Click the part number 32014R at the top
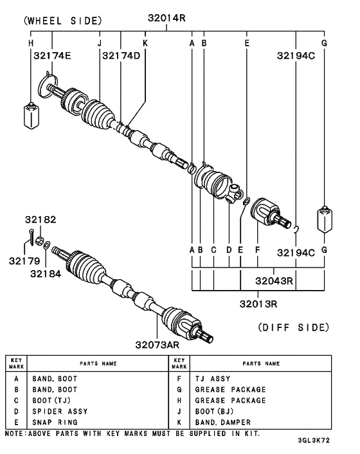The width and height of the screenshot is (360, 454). [x=166, y=19]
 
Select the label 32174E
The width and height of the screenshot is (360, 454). [x=52, y=56]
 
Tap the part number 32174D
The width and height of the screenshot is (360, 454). [x=121, y=56]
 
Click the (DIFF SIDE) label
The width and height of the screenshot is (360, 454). [x=293, y=327]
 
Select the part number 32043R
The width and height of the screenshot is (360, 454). [x=273, y=280]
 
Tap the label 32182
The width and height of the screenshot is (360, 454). [x=41, y=219]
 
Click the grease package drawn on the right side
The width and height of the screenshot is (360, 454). [x=325, y=220]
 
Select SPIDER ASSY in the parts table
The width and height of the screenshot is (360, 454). [x=60, y=411]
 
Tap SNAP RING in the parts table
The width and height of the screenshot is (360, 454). [x=55, y=422]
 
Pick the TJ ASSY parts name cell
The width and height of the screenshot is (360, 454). [x=212, y=379]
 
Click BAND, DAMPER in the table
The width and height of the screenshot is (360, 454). [x=222, y=422]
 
